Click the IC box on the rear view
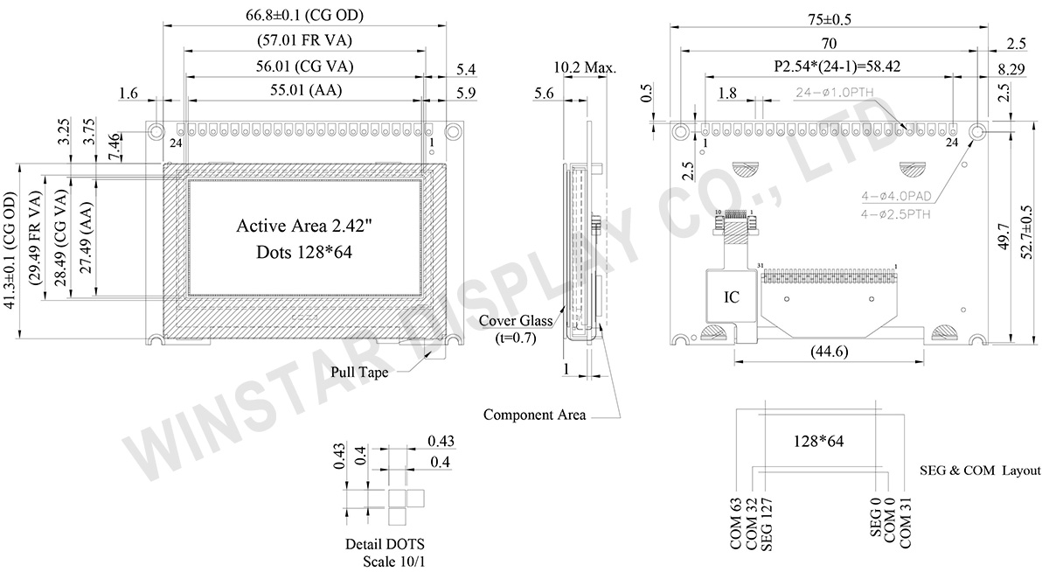(x=731, y=297)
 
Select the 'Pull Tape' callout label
(x=359, y=372)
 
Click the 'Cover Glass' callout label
(x=515, y=320)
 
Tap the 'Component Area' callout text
(x=534, y=415)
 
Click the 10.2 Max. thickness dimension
(x=585, y=66)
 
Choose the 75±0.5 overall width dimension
(x=830, y=18)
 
